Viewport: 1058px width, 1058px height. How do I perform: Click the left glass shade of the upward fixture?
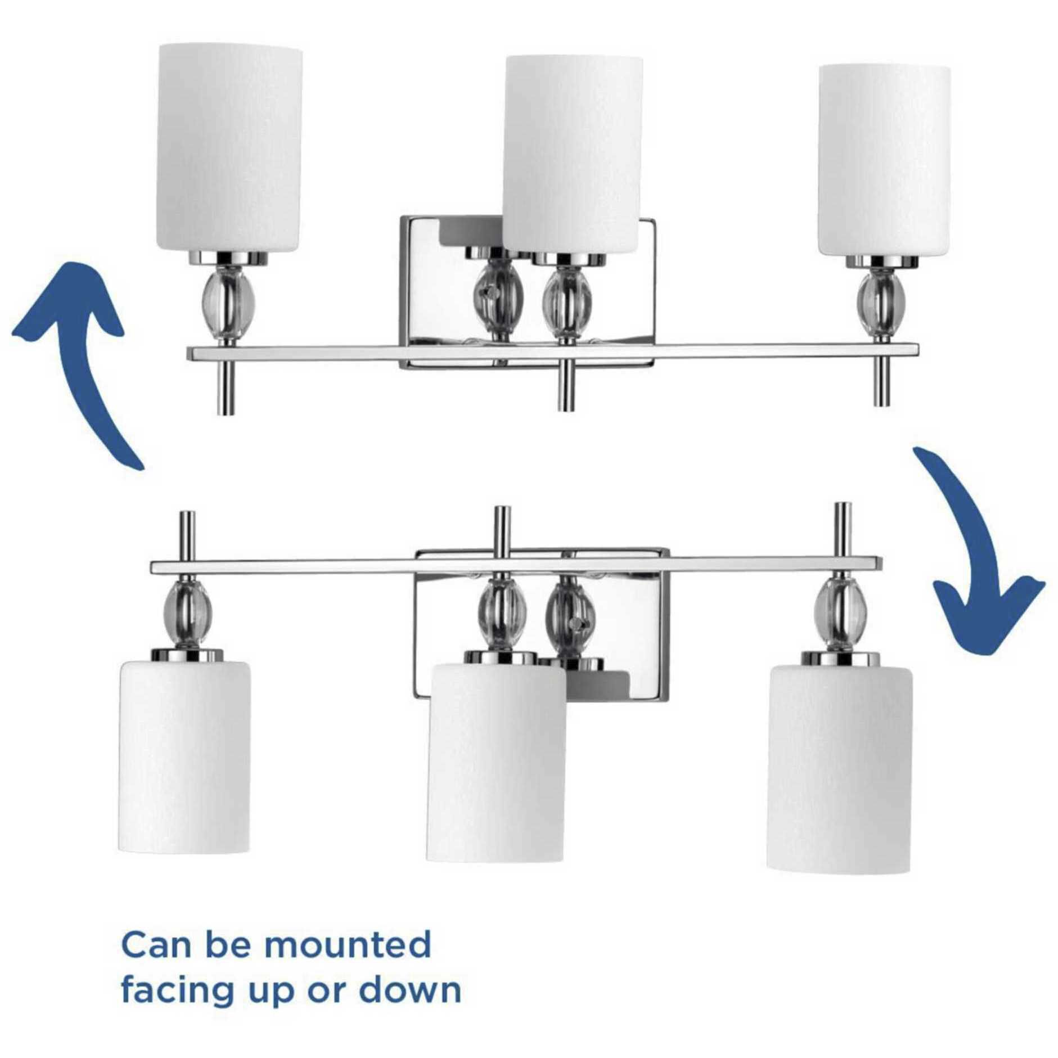point(229,149)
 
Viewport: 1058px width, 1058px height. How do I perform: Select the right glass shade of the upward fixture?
point(884,160)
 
